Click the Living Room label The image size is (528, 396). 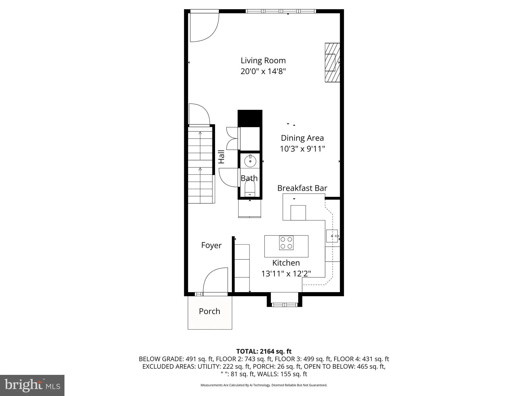coord(263,61)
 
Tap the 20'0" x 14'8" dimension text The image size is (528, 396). coord(263,71)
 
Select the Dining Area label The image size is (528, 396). coord(302,138)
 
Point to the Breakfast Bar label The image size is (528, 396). coord(302,188)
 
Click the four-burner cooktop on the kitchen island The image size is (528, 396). coord(286,243)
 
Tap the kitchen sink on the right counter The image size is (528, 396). coord(332,236)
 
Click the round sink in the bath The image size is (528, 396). coord(250,161)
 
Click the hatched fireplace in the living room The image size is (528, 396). coord(332,63)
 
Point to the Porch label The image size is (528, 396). coord(209,311)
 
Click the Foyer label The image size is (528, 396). coord(211,245)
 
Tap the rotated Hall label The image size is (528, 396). coord(221,157)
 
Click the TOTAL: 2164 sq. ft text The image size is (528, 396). coord(264,351)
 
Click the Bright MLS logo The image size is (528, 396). coord(32,385)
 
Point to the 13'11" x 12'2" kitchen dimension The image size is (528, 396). coord(286,274)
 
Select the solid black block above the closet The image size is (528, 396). coord(250,118)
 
